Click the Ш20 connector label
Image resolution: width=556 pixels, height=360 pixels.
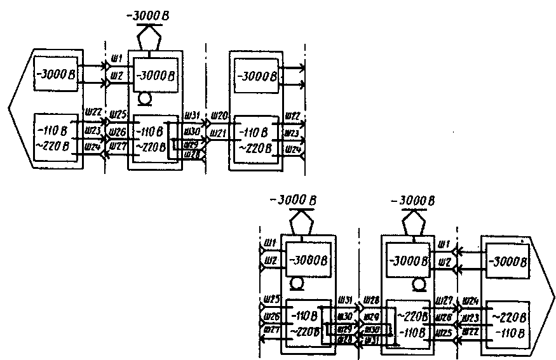pos(219,116)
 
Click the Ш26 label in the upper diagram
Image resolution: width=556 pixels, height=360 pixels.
pos(117,132)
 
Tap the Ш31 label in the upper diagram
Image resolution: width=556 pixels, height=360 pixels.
pos(192,116)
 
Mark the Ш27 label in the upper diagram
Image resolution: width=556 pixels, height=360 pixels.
pos(118,145)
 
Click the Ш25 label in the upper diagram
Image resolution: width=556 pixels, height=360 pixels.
pos(118,115)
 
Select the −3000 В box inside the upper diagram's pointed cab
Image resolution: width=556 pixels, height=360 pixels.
pos(57,75)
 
